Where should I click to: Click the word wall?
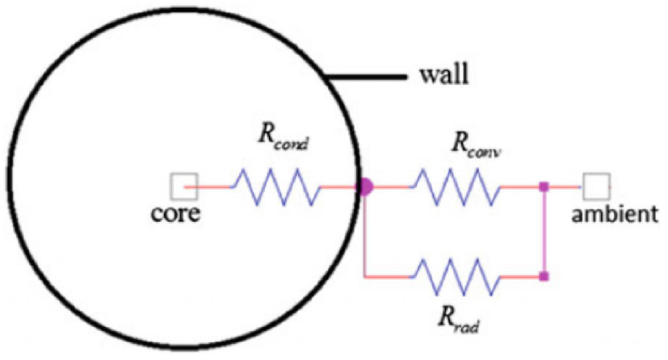coord(443,77)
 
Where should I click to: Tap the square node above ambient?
coord(596,187)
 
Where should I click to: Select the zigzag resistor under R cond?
coord(275,187)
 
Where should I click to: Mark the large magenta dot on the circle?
coord(365,187)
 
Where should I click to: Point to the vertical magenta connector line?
coord(543,232)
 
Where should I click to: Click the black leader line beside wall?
coord(369,78)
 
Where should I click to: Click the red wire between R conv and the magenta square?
coord(520,187)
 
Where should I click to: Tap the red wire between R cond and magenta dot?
coord(339,187)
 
